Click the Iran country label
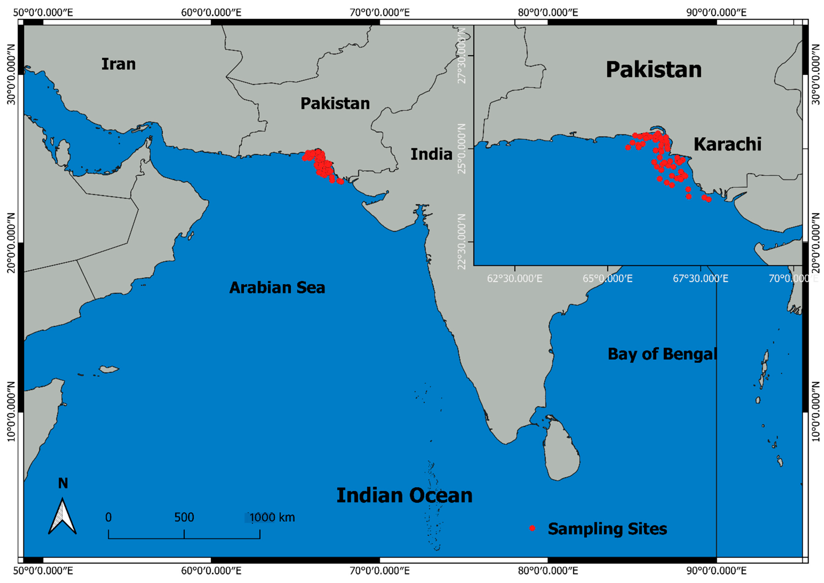click(x=118, y=64)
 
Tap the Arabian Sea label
click(x=277, y=287)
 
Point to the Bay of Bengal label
click(x=662, y=354)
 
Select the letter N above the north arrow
click(x=63, y=484)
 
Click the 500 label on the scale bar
click(x=184, y=517)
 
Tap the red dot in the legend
click(x=532, y=528)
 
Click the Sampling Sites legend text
click(x=607, y=529)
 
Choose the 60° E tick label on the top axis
click(x=211, y=13)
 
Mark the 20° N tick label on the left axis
click(x=12, y=243)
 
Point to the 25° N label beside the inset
click(x=462, y=148)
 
